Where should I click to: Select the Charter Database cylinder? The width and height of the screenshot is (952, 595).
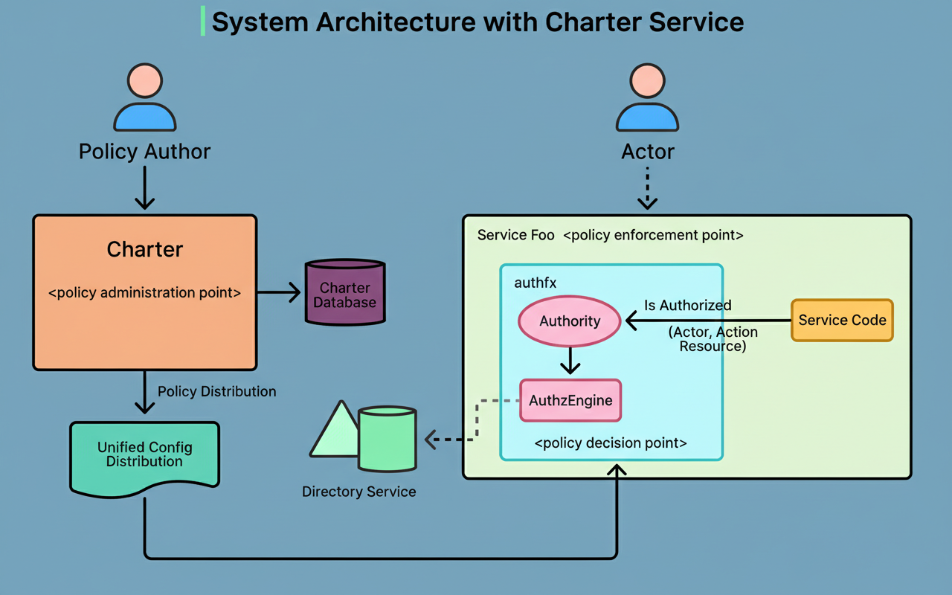tap(345, 293)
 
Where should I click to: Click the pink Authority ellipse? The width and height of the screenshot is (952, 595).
tap(570, 321)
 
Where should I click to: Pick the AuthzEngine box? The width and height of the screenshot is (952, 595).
tap(570, 401)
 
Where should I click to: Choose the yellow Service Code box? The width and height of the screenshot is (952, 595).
tap(842, 321)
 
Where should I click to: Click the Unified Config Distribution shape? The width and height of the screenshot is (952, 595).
tap(144, 455)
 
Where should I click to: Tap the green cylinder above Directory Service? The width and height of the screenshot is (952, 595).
tap(387, 439)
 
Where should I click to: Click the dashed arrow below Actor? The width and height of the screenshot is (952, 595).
tap(647, 187)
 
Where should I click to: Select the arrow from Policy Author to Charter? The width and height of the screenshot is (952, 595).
tap(144, 187)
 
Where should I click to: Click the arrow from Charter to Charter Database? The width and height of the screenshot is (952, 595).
tap(279, 293)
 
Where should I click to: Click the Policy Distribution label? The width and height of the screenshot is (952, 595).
tap(216, 392)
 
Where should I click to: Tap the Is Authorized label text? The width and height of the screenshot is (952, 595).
tap(687, 306)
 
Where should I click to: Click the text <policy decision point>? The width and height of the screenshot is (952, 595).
tap(611, 443)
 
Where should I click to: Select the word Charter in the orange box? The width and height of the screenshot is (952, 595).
tap(144, 249)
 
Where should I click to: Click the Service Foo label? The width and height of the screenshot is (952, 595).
tap(515, 235)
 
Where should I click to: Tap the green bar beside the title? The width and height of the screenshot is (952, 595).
tap(202, 22)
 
